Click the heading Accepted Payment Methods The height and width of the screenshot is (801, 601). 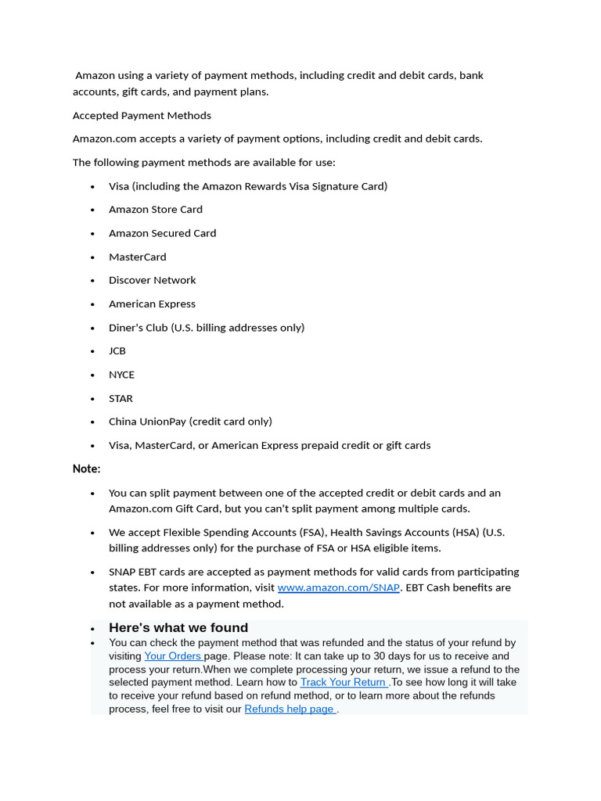(142, 116)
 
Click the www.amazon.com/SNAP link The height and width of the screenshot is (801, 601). (338, 587)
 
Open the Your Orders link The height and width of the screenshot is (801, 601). (173, 656)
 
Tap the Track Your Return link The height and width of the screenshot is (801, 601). (344, 682)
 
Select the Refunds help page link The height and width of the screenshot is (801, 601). (290, 709)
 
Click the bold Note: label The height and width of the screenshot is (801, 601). (87, 469)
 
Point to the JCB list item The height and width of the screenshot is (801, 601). (117, 351)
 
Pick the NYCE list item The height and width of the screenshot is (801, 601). (121, 375)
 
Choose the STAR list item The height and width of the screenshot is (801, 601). (121, 398)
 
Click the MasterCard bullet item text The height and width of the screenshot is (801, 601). (138, 257)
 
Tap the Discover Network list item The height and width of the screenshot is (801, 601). (153, 280)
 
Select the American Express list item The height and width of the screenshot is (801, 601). (152, 304)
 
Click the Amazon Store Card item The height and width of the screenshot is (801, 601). (156, 210)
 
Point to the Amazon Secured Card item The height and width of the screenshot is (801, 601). (162, 233)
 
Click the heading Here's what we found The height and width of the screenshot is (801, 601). (178, 627)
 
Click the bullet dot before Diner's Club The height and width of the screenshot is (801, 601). (92, 328)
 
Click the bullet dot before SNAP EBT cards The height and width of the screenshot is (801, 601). (92, 572)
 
